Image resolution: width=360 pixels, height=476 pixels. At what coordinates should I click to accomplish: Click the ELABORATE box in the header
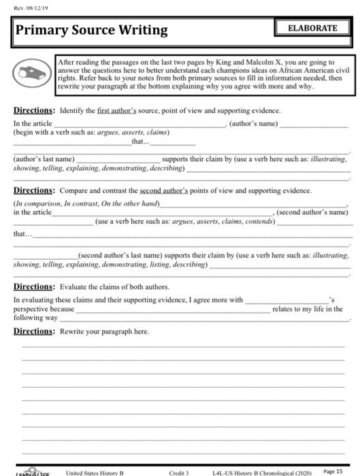click(x=312, y=28)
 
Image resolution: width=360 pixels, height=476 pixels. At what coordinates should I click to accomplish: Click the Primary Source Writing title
click(x=91, y=31)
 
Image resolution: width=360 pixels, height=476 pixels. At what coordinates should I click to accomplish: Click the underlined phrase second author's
click(x=165, y=190)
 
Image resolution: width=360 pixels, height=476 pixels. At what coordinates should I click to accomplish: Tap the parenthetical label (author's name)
click(x=255, y=123)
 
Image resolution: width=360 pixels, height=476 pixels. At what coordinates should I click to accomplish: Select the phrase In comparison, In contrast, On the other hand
click(x=86, y=203)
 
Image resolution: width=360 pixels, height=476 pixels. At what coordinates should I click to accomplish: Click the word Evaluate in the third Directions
click(x=76, y=287)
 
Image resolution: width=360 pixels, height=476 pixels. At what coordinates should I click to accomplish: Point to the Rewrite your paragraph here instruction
click(x=104, y=331)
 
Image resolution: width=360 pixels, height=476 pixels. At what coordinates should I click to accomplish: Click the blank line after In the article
click(x=143, y=124)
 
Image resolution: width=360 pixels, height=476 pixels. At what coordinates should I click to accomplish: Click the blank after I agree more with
click(x=286, y=301)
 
